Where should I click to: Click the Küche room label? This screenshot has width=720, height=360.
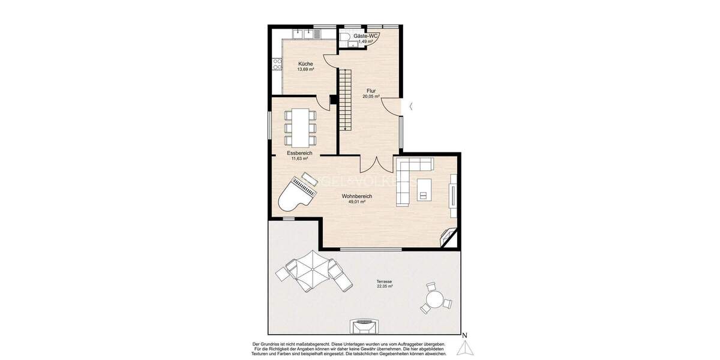305,64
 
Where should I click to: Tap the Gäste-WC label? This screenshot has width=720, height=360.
365,36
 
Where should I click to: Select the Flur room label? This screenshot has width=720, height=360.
371,91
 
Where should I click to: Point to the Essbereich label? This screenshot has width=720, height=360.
299,153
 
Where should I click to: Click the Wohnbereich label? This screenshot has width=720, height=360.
357,196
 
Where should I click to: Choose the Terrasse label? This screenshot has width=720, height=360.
384,281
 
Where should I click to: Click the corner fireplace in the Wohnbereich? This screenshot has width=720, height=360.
448,237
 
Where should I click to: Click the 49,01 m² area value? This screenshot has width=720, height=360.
357,202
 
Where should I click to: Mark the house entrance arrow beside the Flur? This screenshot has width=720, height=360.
410,107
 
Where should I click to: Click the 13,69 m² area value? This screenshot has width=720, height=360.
305,70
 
